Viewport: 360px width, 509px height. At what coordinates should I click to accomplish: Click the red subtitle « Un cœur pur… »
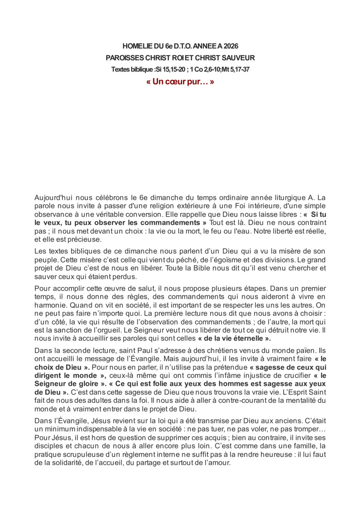(x=180, y=81)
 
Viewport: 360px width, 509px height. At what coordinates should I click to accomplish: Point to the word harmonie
(x=51, y=305)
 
